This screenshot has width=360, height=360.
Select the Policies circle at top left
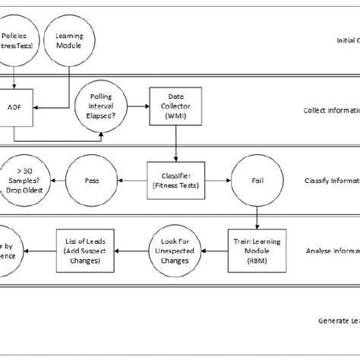pyautogui.click(x=17, y=41)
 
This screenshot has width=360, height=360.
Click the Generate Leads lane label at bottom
pyautogui.click(x=338, y=321)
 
